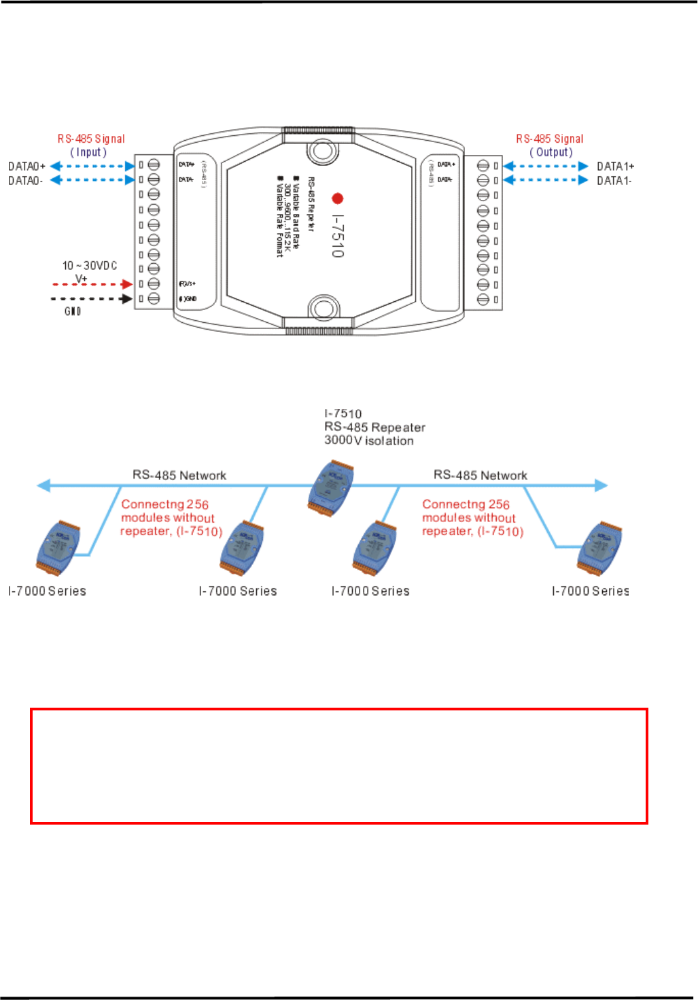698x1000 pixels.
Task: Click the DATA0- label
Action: click(x=26, y=181)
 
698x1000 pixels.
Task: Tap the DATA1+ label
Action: click(x=615, y=167)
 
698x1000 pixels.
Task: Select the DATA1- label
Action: click(x=614, y=181)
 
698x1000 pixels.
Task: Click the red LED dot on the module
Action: click(x=337, y=199)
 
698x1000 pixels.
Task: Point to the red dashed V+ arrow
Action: click(x=92, y=284)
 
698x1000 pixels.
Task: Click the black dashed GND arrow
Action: click(x=92, y=298)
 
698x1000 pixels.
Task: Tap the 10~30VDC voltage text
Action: click(x=90, y=266)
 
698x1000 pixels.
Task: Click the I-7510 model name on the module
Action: click(x=338, y=237)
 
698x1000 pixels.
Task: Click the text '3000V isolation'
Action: click(x=369, y=441)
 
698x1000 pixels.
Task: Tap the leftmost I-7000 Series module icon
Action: click(x=58, y=548)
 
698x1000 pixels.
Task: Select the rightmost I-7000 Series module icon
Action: click(x=599, y=548)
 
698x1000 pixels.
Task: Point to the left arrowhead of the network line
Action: click(x=43, y=485)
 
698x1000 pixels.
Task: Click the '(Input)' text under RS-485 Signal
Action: click(x=88, y=152)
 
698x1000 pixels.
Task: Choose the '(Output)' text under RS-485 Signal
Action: click(x=551, y=152)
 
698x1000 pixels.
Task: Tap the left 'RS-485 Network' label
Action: click(x=179, y=475)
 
